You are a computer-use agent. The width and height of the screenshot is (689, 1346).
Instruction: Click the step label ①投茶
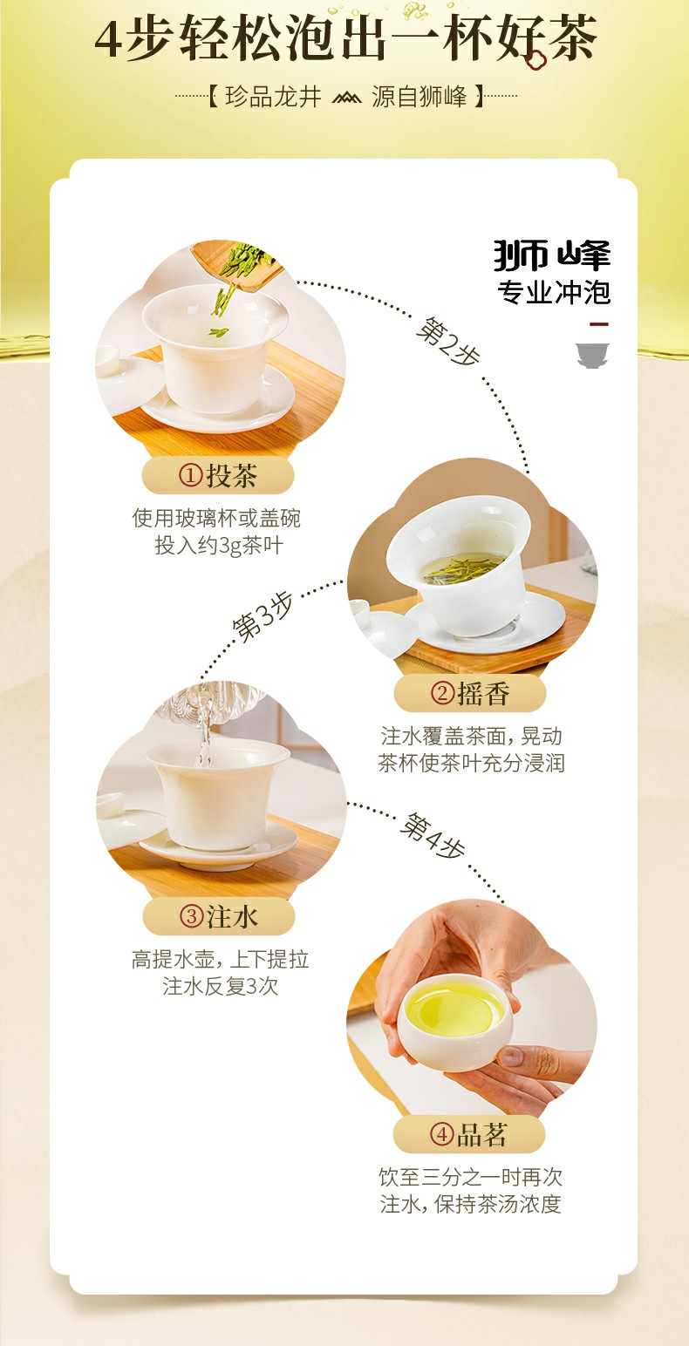(218, 476)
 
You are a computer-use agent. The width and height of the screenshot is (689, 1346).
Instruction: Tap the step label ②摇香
(470, 694)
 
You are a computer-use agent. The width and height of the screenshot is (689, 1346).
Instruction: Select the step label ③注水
(219, 916)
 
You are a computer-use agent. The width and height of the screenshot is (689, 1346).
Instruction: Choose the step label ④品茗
(469, 1134)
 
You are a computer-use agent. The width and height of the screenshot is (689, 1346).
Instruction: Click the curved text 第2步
(448, 343)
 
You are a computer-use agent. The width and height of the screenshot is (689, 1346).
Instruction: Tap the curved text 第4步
(433, 836)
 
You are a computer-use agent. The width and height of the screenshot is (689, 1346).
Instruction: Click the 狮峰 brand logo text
(552, 255)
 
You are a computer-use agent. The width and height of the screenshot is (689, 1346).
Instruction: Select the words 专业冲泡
(554, 292)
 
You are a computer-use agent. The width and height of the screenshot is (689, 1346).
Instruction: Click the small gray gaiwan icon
(592, 355)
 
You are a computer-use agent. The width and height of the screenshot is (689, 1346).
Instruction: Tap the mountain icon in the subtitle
(346, 97)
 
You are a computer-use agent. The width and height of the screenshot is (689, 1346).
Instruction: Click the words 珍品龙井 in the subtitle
(273, 97)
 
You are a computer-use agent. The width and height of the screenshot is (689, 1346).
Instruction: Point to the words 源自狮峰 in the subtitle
(420, 97)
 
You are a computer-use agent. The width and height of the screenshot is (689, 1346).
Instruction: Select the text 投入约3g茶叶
(219, 546)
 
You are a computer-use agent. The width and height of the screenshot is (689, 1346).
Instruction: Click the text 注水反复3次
(220, 987)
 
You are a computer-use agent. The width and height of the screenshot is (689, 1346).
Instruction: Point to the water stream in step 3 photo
(205, 737)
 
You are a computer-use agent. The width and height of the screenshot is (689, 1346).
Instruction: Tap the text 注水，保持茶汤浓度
(470, 1205)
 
